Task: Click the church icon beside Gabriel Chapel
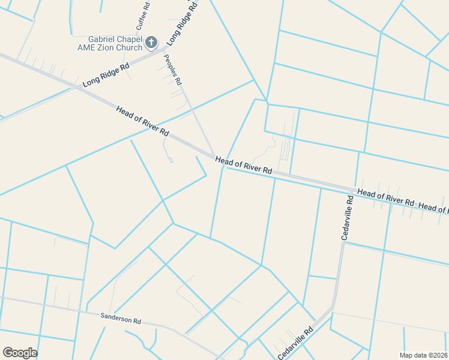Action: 151,43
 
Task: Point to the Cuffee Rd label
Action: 143,16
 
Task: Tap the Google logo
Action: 20,353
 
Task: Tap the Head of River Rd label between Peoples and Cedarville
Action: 244,166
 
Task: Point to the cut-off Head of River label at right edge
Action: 434,208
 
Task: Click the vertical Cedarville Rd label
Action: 348,217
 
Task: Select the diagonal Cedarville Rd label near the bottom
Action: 295,344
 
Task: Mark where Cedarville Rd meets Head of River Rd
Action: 351,190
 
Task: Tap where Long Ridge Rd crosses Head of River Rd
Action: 76,88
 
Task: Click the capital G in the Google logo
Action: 7,352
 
